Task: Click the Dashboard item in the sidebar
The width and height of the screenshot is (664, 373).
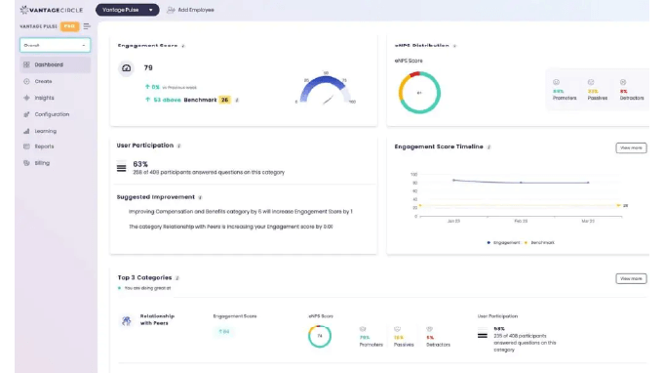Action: pyautogui.click(x=49, y=65)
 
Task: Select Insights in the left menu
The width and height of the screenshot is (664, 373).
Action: pyautogui.click(x=45, y=98)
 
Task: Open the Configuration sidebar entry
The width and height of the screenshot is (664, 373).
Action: pyautogui.click(x=52, y=114)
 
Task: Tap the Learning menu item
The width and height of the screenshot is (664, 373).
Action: pyautogui.click(x=46, y=131)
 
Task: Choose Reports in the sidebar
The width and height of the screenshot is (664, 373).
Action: pyautogui.click(x=44, y=146)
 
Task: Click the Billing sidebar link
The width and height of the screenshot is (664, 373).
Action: pyautogui.click(x=42, y=163)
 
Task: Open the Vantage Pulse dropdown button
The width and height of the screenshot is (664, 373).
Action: pyautogui.click(x=127, y=10)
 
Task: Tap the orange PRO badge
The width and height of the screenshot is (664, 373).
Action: pyautogui.click(x=70, y=26)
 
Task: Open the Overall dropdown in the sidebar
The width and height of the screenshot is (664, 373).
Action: pyautogui.click(x=55, y=45)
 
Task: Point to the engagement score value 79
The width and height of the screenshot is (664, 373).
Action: pyautogui.click(x=148, y=68)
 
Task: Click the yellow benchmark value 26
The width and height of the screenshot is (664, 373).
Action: pyautogui.click(x=224, y=100)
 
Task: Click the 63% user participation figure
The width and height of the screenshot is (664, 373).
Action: pyautogui.click(x=140, y=164)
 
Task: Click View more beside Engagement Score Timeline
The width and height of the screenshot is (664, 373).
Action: pyautogui.click(x=630, y=148)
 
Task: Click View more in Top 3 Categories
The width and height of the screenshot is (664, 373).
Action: pyautogui.click(x=630, y=278)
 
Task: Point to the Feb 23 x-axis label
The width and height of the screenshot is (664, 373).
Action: pyautogui.click(x=521, y=222)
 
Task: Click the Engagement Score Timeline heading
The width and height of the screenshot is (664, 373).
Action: pyautogui.click(x=439, y=146)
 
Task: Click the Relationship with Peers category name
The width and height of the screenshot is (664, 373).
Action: pyautogui.click(x=158, y=319)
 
